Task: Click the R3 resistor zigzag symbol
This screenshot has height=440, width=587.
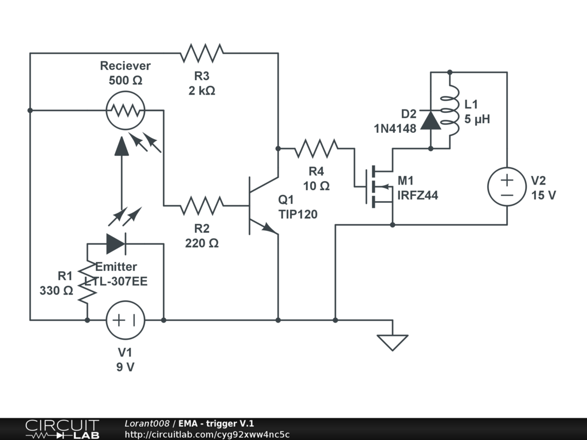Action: coord(202,53)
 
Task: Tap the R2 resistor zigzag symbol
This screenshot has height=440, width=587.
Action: coord(202,206)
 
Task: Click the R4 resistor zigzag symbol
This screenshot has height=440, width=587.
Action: coord(316,148)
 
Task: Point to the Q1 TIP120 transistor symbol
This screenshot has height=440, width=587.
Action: coord(262,206)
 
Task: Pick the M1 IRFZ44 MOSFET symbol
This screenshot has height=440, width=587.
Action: coord(379,186)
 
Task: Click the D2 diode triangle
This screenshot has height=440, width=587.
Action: coord(431,120)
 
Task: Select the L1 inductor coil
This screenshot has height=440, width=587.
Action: coord(450,111)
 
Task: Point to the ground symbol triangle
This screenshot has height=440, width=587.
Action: coord(392,343)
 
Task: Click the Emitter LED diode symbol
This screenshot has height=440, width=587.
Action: coord(116,244)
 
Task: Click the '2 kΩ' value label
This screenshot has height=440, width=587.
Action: coord(202,91)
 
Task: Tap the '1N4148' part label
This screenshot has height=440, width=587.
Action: coord(395,128)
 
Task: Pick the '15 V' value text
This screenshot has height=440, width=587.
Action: coord(543,195)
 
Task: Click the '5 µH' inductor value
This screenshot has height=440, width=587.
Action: coord(478,119)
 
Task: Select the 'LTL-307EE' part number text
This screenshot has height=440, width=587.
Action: coord(116,281)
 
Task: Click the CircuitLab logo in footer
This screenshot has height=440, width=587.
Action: coord(62,429)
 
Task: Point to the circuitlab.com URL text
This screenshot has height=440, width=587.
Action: coord(207,434)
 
